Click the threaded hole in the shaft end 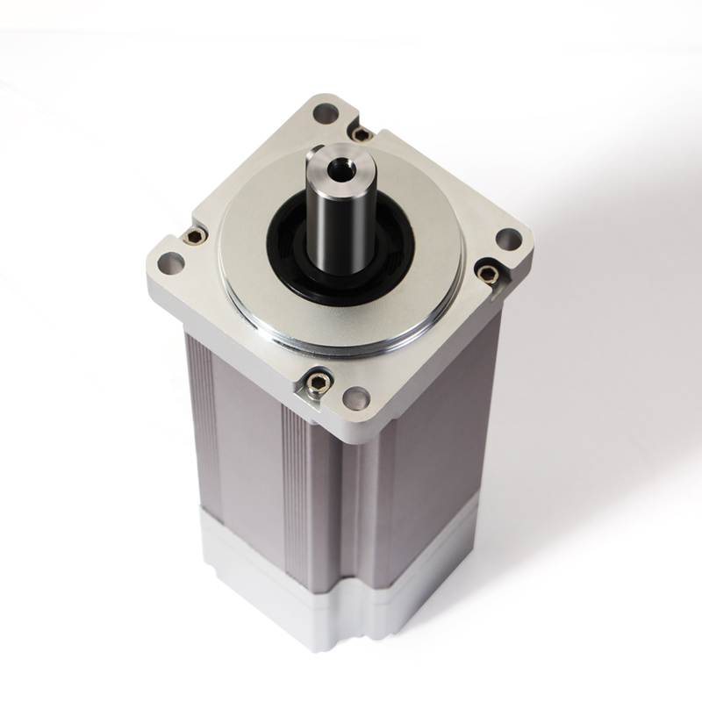pos(336,165)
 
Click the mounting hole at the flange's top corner pos(326,112)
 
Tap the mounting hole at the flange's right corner pos(507,239)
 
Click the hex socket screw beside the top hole pos(361,133)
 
